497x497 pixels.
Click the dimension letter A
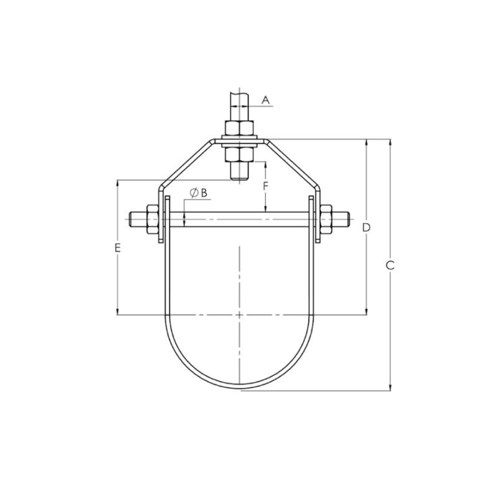pos(265,99)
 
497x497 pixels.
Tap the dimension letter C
pos(390,266)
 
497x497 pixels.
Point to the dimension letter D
pos(367,227)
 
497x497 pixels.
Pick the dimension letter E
pos(117,248)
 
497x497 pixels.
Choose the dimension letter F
pos(265,186)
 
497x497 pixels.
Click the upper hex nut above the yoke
pos(239,129)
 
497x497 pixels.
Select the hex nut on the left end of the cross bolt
pos(151,220)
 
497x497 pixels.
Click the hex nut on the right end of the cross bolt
pos(328,220)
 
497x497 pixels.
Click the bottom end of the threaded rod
pos(239,180)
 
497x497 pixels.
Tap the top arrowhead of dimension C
pos(390,142)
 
